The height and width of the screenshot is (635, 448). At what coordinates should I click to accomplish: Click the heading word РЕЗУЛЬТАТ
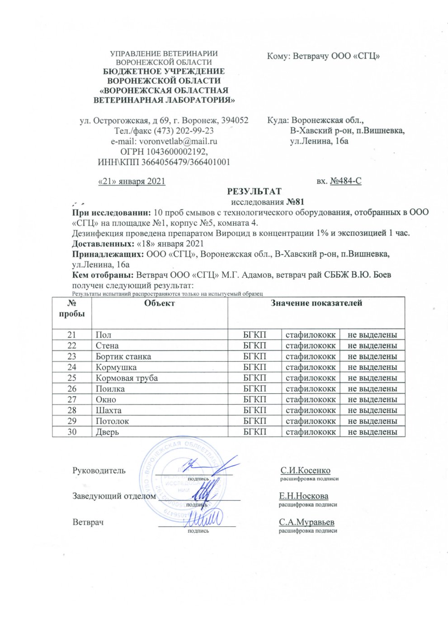[254, 191]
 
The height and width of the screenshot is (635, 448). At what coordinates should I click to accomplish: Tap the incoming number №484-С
[346, 181]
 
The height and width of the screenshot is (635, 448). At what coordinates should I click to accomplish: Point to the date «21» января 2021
[132, 181]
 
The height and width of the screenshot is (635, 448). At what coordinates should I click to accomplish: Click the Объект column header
[159, 303]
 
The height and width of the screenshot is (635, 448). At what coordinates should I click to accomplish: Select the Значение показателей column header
[316, 303]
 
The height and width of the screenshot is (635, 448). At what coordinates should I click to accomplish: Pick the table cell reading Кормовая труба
[127, 378]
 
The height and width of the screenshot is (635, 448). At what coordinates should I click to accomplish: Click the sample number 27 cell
[71, 400]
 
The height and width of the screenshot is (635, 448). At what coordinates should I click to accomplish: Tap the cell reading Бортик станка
[123, 356]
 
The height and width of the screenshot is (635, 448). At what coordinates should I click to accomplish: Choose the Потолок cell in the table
[112, 421]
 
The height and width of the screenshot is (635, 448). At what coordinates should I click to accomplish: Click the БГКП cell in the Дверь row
[255, 432]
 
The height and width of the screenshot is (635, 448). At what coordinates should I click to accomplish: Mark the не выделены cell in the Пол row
[372, 335]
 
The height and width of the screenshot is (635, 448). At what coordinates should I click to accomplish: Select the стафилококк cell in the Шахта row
[311, 410]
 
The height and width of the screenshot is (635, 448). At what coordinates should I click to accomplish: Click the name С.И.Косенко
[305, 471]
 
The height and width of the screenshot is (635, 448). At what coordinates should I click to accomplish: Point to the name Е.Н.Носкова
[303, 496]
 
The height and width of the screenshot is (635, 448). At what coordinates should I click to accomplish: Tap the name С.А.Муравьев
[307, 522]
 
